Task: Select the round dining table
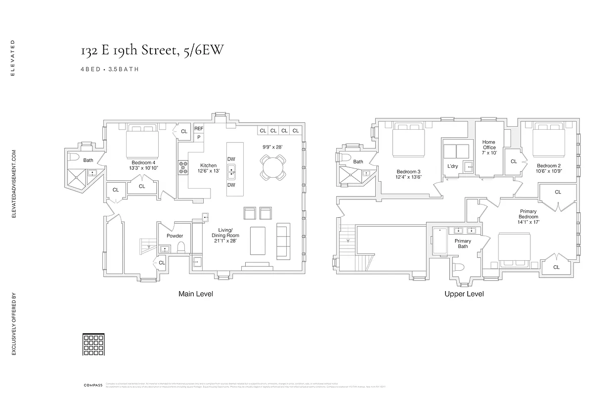[x=273, y=167]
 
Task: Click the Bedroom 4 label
[x=143, y=165]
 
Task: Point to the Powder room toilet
[x=181, y=247]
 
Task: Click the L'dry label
[x=452, y=166]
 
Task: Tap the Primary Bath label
[x=463, y=244]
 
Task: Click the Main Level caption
[x=195, y=294]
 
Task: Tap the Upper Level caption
[x=464, y=294]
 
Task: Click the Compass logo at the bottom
[x=92, y=385]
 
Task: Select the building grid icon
[x=89, y=344]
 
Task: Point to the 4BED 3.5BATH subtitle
[x=109, y=69]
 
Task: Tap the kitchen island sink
[x=231, y=173]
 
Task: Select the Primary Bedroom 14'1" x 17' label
[x=528, y=217]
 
